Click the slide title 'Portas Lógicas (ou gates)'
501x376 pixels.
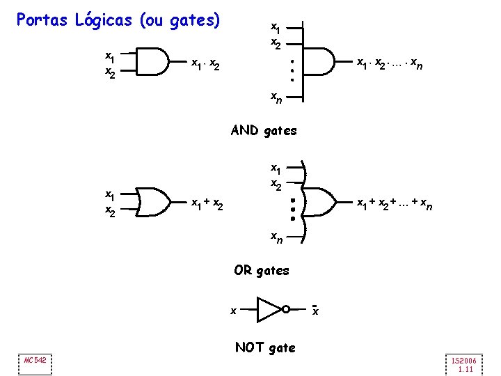pos(118,20)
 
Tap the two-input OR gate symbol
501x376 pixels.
pos(157,201)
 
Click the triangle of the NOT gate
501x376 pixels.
pos(269,309)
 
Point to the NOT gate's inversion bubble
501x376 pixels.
pos(285,309)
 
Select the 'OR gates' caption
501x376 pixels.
pos(261,270)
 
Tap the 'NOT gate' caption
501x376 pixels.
pos(265,347)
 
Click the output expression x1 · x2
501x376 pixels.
pos(206,65)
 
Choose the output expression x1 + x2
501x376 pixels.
pos(207,204)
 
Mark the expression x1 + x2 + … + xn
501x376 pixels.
pos(393,203)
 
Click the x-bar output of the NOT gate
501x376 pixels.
pos(315,310)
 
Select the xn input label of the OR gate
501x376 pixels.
pos(276,238)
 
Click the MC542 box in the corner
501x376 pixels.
pos(34,359)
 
